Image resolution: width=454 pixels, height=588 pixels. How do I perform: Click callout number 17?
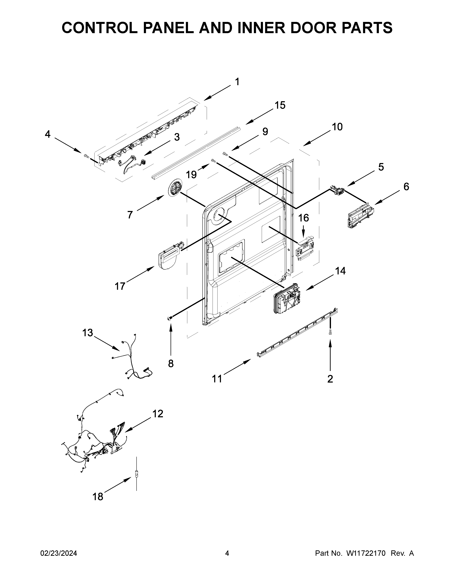[x=120, y=286]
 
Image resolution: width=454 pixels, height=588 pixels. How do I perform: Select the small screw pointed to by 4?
[x=86, y=156]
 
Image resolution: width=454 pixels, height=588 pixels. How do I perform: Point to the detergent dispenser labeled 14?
[x=287, y=299]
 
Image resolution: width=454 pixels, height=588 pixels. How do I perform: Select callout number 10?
[x=337, y=127]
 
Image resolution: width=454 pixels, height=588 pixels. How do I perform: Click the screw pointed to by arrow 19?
[x=213, y=161]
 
